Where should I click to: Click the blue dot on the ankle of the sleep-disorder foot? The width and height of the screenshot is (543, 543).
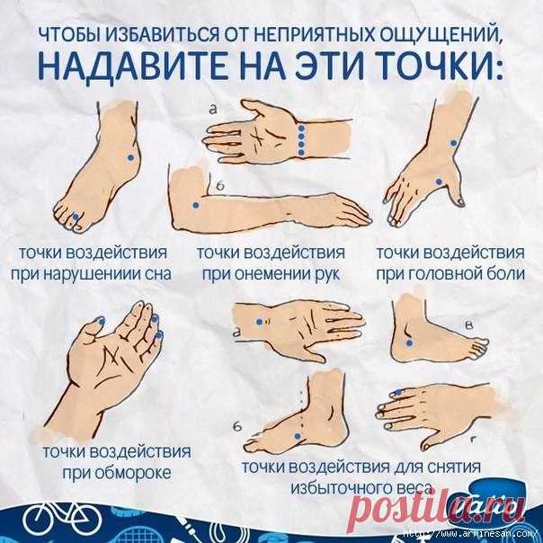tap(130, 157)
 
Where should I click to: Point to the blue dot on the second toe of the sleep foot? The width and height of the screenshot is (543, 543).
tap(76, 217)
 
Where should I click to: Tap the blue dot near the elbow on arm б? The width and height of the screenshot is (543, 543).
tap(196, 205)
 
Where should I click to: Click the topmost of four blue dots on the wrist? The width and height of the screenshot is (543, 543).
tap(301, 129)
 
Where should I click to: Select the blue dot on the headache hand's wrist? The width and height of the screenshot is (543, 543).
tap(453, 143)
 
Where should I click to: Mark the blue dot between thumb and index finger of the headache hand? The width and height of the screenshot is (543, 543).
tap(439, 181)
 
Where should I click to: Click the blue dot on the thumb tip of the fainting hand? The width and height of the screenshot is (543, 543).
tap(101, 321)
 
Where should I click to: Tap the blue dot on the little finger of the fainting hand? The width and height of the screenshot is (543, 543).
tap(160, 334)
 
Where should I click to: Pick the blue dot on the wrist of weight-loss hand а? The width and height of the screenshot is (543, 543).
tap(259, 322)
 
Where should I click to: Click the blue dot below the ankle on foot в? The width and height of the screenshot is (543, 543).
tap(409, 343)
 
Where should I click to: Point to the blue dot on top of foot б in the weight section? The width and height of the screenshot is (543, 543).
tap(298, 436)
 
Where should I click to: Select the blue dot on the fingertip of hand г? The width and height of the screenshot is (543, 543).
tap(398, 392)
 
